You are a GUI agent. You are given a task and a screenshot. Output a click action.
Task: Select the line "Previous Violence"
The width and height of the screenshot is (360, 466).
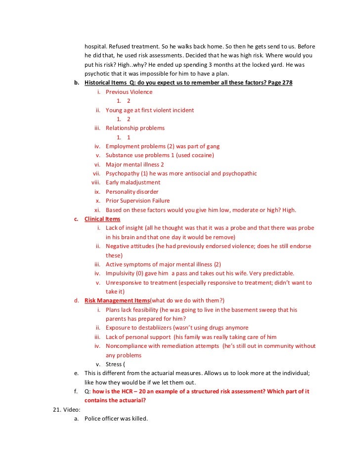[129, 92]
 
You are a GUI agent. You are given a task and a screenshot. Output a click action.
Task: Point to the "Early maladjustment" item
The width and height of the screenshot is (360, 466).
[133, 182]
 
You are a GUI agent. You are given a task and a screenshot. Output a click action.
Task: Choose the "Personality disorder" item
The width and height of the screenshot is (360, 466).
[132, 192]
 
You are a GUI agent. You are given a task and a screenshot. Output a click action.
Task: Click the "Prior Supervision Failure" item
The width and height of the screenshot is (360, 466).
[137, 201]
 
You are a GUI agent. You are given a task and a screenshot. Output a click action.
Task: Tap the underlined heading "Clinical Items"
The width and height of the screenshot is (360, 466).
[102, 219]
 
